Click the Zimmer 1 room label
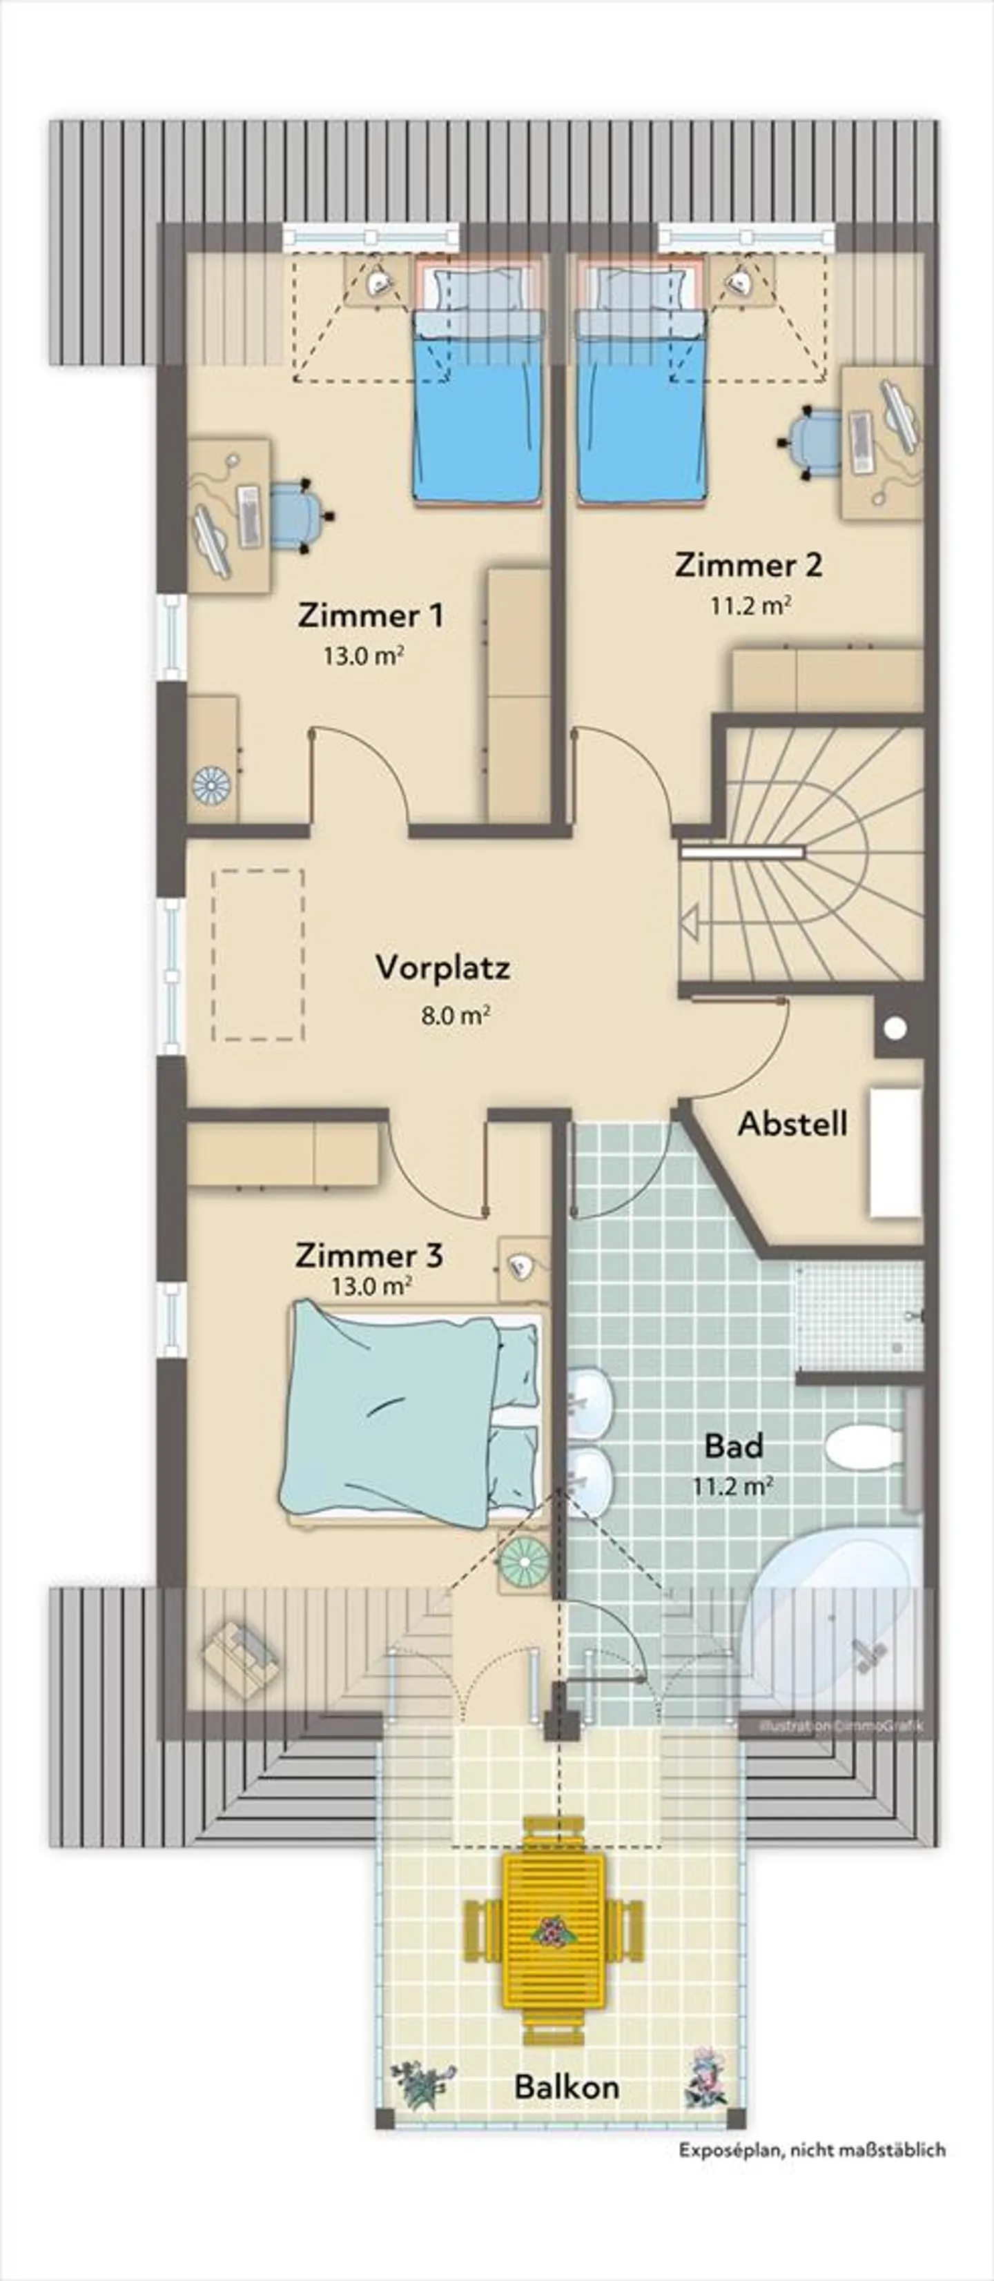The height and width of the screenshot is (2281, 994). coord(370,615)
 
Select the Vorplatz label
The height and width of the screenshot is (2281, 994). coord(443,967)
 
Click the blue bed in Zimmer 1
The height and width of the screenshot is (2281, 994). coord(476,407)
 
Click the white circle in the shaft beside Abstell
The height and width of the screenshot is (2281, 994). coord(896,1029)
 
